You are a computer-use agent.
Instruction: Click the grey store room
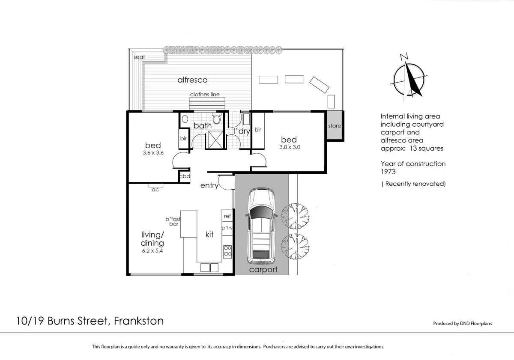point(334,126)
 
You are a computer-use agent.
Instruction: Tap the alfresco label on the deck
point(193,80)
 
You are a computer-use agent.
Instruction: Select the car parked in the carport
point(261,227)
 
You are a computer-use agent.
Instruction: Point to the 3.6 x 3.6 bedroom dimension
point(152,153)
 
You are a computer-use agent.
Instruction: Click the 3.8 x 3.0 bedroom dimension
point(288,147)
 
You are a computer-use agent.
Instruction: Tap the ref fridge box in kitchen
point(227,216)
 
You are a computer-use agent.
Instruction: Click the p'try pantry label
point(227,228)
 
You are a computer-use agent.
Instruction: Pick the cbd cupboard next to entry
point(185,176)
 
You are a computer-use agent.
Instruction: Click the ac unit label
point(155,190)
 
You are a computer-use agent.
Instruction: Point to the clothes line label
point(205,95)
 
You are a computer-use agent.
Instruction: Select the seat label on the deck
point(139,57)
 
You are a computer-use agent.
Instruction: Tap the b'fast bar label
point(173,221)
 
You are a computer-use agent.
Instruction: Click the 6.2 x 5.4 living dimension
point(152,250)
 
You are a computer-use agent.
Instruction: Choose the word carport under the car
point(263,270)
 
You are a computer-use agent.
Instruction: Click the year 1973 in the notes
point(388,172)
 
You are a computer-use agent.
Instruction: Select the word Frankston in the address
point(139,321)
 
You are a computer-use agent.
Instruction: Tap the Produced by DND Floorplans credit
point(462,324)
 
